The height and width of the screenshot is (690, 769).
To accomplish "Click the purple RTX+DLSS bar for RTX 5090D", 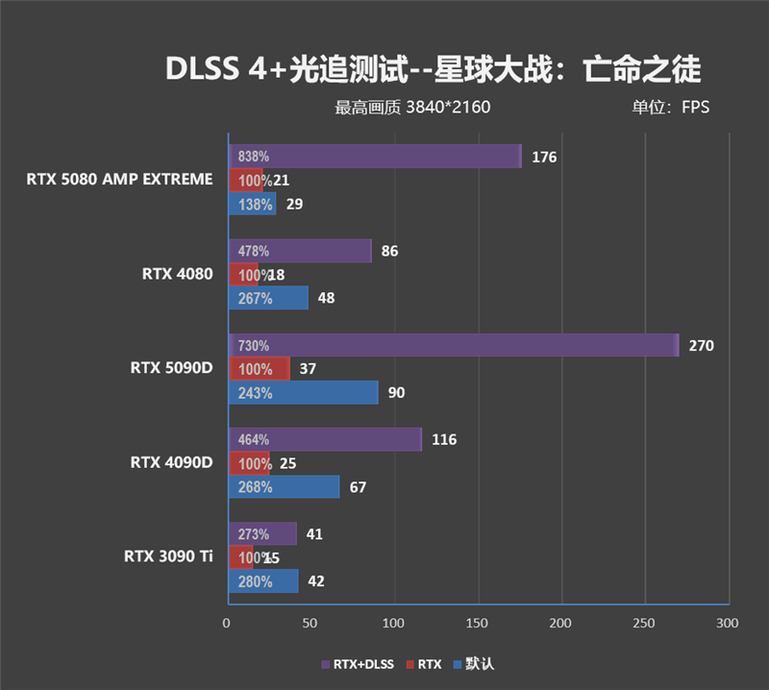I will (453, 345).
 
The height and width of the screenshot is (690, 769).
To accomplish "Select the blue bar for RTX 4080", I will (267, 298).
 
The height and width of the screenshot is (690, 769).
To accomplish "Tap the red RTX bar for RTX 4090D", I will (248, 464).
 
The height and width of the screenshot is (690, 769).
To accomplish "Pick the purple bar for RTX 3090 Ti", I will (261, 534).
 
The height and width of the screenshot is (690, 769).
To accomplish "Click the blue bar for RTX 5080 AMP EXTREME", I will (252, 204).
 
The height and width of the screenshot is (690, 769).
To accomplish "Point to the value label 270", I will (702, 345).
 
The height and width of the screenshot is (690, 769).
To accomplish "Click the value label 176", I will (544, 157).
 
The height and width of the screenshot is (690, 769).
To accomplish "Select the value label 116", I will (444, 440).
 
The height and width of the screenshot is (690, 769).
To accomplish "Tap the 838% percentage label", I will (254, 157).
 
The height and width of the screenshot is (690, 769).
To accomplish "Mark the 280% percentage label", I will (255, 581).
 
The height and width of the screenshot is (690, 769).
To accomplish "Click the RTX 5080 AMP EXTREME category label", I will (119, 179).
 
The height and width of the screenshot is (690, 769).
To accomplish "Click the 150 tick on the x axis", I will (478, 624).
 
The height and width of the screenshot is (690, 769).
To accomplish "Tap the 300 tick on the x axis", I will (728, 624).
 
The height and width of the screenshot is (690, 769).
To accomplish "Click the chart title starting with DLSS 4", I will (434, 70).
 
